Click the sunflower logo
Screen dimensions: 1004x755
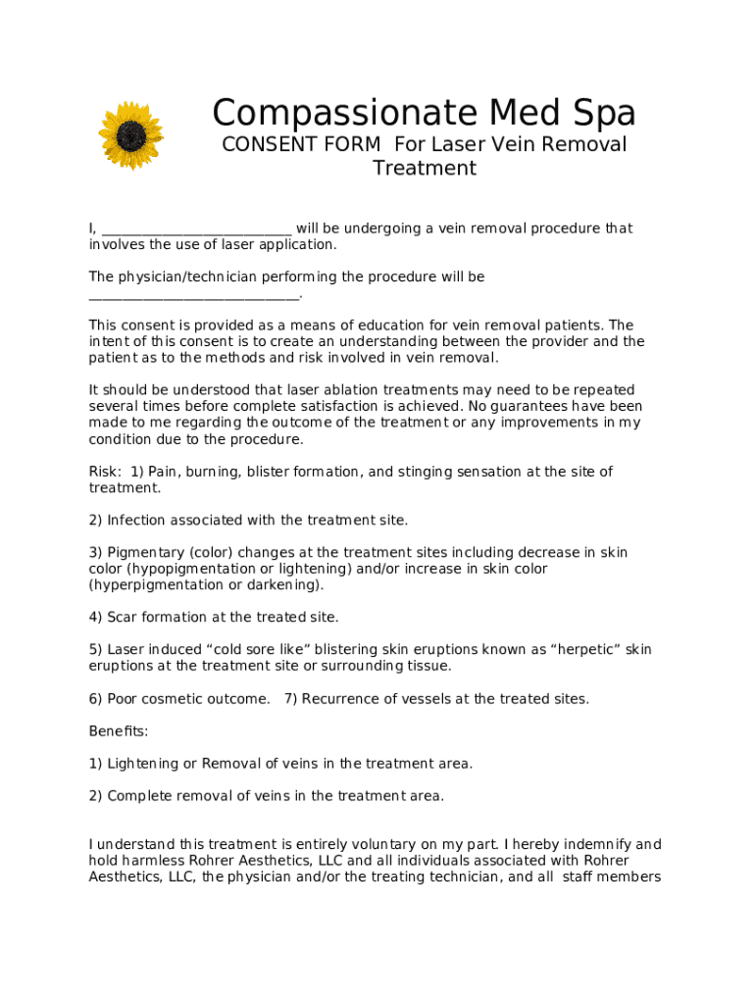point(130,134)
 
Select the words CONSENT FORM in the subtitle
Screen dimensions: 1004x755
point(302,145)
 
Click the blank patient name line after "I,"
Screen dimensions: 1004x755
point(196,229)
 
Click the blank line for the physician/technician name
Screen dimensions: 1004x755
point(193,294)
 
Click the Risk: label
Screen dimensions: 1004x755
point(106,472)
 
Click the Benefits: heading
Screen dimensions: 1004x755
point(119,731)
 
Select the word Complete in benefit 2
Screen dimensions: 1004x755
point(139,796)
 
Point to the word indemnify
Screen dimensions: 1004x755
point(599,845)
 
